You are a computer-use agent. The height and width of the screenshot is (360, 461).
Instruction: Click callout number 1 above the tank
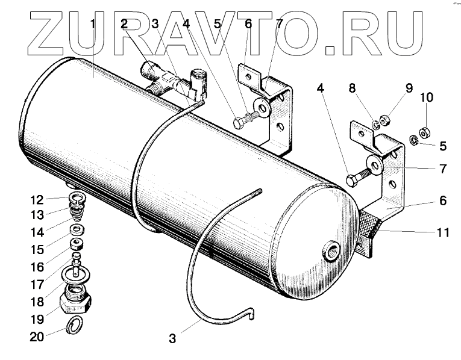[x=93, y=25]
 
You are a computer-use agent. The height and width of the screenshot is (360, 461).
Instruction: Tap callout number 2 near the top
[x=124, y=25]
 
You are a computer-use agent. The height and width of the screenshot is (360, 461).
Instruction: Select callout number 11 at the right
[x=443, y=233]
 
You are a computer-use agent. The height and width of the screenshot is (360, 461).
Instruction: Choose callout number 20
[x=36, y=337]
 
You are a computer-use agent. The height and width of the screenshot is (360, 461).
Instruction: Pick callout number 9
[x=409, y=88]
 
